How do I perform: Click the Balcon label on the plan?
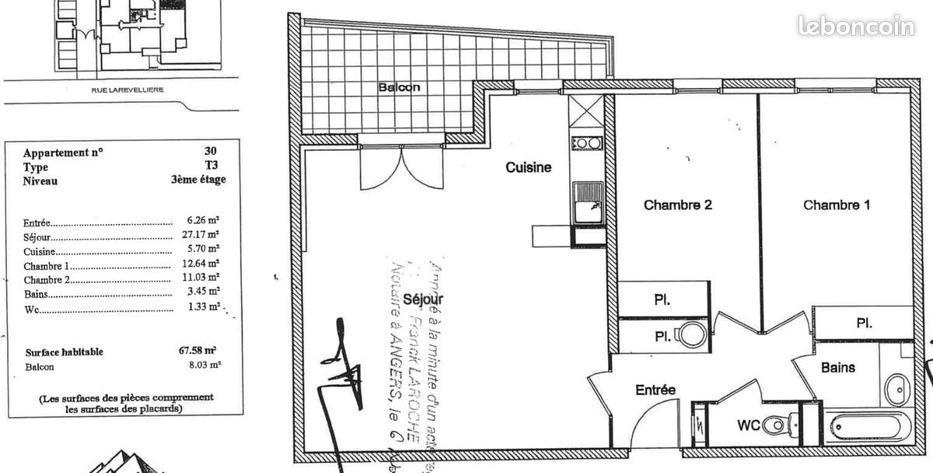pos(399,87)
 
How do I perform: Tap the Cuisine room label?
pos(529,167)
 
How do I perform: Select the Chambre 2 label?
pos(678,205)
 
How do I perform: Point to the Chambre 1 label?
pos(837,205)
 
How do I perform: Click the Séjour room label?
pos(424,300)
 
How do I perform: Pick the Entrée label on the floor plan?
pos(655,390)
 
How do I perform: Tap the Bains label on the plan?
pos(838,367)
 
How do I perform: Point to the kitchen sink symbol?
pos(588,201)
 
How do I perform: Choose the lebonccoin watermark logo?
pos(855,26)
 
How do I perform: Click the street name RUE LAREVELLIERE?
pos(128,89)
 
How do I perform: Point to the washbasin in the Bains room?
pos(900,386)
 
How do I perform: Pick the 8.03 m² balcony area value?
pos(203,364)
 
